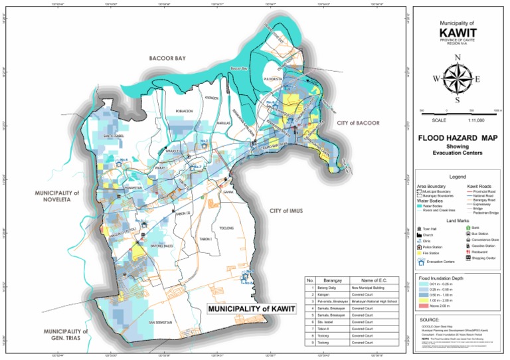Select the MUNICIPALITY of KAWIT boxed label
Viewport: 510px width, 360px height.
pos(250,310)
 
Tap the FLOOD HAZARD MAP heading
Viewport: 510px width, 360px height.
pos(458,139)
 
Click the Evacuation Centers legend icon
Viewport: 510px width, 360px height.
pos(422,262)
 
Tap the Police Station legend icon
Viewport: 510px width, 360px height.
pos(421,246)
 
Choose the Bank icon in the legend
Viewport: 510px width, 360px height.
pos(468,227)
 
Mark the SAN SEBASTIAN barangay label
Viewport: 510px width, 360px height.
pos(160,321)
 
